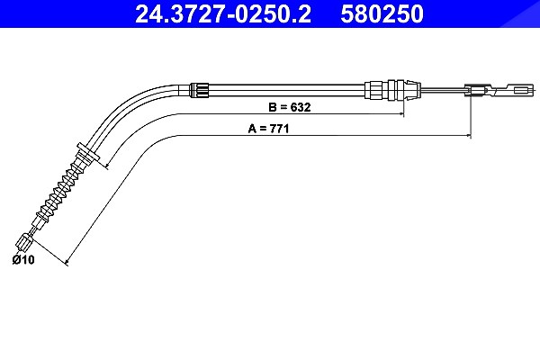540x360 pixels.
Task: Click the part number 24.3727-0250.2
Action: tap(223, 13)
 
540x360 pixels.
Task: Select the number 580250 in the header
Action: tap(382, 13)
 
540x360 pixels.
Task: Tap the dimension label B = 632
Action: tap(289, 107)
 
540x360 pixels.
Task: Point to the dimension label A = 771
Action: tap(268, 129)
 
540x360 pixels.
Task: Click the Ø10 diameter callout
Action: tap(23, 259)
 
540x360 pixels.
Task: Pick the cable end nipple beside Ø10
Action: tap(25, 241)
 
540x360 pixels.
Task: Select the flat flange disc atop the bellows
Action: tap(89, 151)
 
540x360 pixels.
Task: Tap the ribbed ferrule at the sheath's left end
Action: tap(200, 90)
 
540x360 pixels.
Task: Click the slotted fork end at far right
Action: tap(515, 91)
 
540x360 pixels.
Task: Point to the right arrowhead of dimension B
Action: tap(400, 113)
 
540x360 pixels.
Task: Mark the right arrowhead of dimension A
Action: tap(468, 136)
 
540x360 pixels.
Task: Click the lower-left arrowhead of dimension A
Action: tap(67, 263)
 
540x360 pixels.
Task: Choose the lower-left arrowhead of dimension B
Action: tap(108, 166)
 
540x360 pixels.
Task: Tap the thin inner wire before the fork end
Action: tap(443, 90)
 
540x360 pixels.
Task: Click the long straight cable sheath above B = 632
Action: tap(287, 90)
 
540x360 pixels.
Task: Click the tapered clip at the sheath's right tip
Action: tap(412, 90)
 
